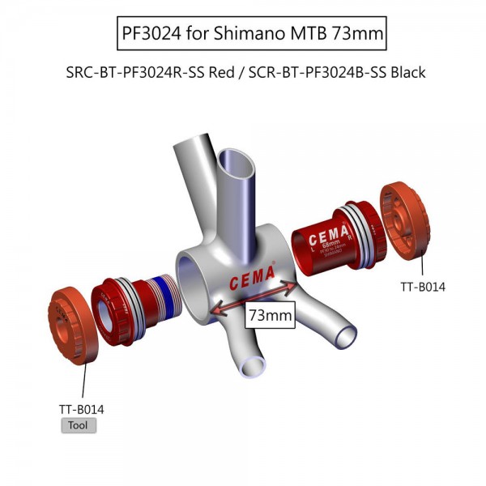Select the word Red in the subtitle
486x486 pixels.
(222, 72)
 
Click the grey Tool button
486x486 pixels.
(79, 425)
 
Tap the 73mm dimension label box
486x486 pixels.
(270, 315)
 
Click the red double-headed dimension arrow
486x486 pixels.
(252, 296)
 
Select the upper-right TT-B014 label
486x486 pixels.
(423, 286)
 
